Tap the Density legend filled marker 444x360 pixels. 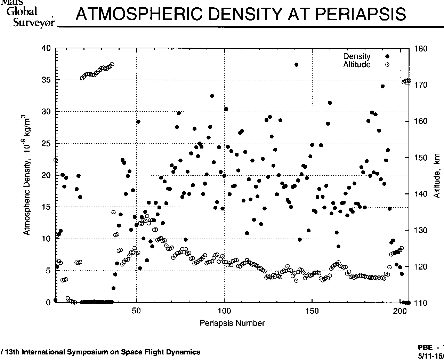pyautogui.click(x=387, y=57)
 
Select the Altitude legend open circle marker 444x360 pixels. pyautogui.click(x=387, y=65)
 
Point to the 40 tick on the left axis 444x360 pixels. pyautogui.click(x=46, y=48)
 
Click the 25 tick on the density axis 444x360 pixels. pyautogui.click(x=46, y=144)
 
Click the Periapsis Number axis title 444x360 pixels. pyautogui.click(x=232, y=323)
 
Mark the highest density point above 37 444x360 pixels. pyautogui.click(x=296, y=65)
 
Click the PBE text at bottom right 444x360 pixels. pyautogui.click(x=426, y=347)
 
